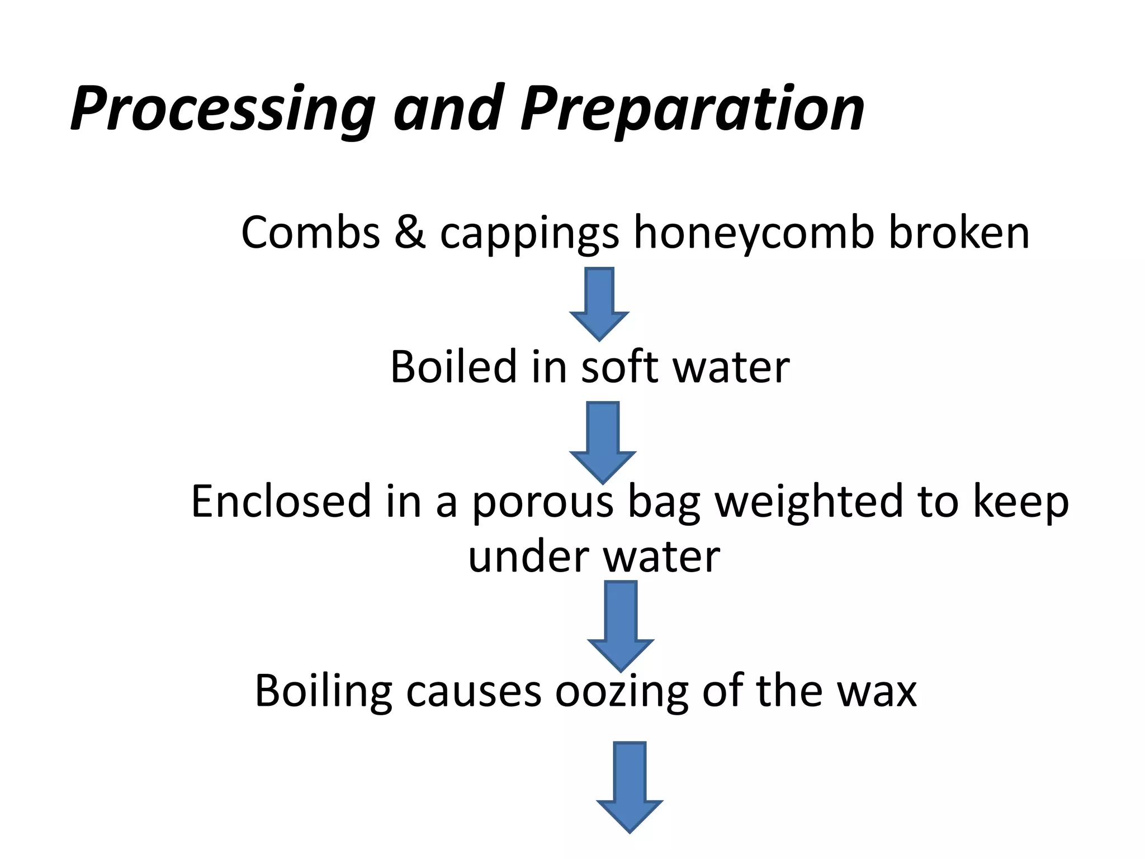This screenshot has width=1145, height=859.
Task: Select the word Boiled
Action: pyautogui.click(x=453, y=367)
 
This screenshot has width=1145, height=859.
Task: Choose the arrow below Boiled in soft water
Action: pyautogui.click(x=603, y=442)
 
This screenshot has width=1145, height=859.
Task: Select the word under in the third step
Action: pyautogui.click(x=528, y=557)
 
